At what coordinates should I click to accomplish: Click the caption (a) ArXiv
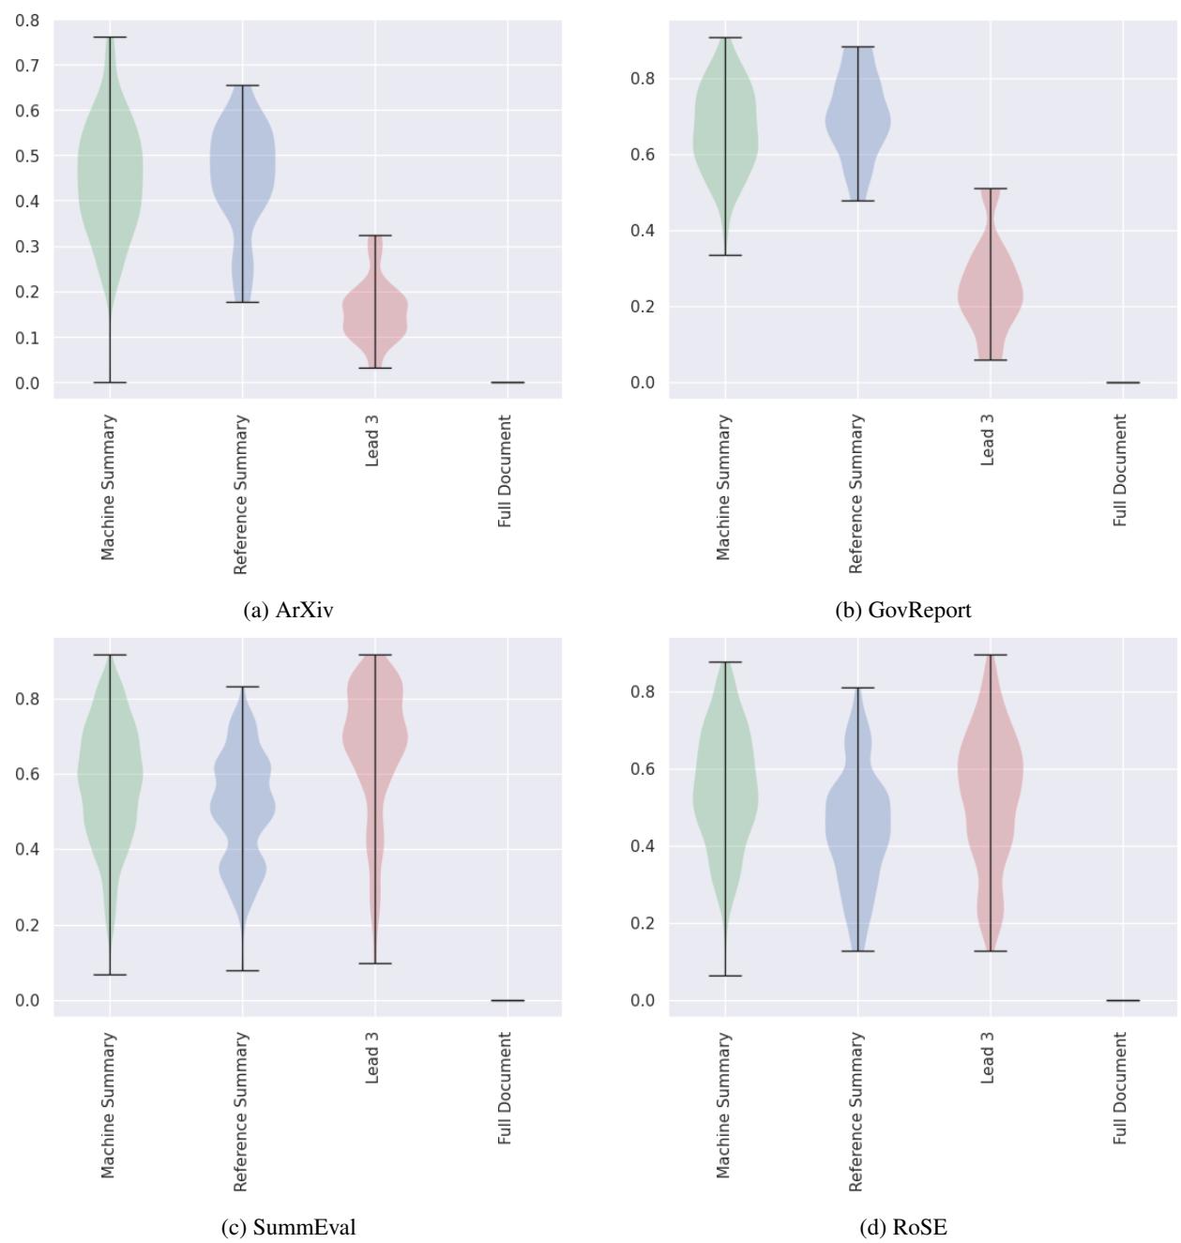point(287,611)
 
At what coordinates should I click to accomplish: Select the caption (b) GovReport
point(902,611)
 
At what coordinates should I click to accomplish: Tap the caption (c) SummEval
point(287,1227)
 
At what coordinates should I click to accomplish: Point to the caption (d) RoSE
point(902,1227)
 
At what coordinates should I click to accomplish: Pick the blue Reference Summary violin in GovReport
point(857,122)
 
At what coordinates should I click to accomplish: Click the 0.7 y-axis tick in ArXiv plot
point(27,66)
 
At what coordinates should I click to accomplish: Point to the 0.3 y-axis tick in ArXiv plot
point(27,247)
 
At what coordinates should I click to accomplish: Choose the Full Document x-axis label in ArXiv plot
point(506,472)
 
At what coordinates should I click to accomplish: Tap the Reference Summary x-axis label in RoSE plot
point(855,1112)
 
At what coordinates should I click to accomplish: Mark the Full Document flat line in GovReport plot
point(1122,383)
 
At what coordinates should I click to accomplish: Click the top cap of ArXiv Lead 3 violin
point(375,235)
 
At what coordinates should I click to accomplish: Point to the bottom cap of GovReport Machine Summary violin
point(724,255)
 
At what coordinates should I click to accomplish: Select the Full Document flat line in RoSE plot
point(1122,1000)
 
